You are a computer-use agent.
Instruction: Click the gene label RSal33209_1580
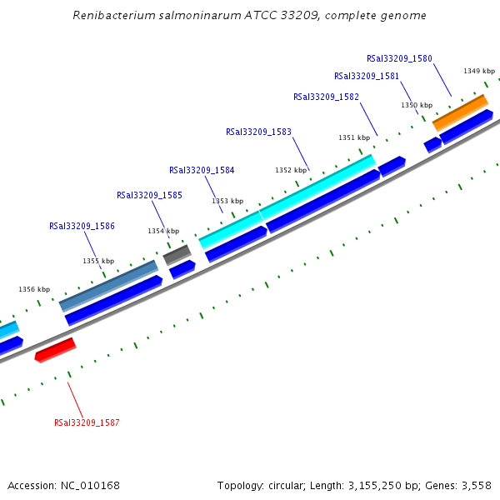click(x=399, y=58)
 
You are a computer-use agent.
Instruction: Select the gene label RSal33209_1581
click(x=367, y=76)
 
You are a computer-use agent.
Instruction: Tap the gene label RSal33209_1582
click(x=326, y=97)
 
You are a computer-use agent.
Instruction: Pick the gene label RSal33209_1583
click(x=258, y=132)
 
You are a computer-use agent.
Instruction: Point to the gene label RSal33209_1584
click(x=202, y=170)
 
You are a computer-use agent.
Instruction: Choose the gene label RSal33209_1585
click(x=149, y=195)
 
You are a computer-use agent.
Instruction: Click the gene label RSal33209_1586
click(x=82, y=226)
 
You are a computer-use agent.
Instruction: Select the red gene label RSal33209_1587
click(x=87, y=422)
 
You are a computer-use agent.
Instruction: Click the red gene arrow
click(x=55, y=350)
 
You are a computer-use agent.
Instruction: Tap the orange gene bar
click(x=460, y=112)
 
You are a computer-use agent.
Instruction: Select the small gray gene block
click(x=177, y=254)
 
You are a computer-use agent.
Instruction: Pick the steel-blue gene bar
click(x=109, y=284)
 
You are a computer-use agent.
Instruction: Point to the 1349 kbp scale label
click(x=478, y=71)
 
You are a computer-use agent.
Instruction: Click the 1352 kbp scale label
click(x=291, y=170)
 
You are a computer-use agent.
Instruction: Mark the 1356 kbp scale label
click(x=34, y=289)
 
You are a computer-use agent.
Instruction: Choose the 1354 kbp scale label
click(x=163, y=231)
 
